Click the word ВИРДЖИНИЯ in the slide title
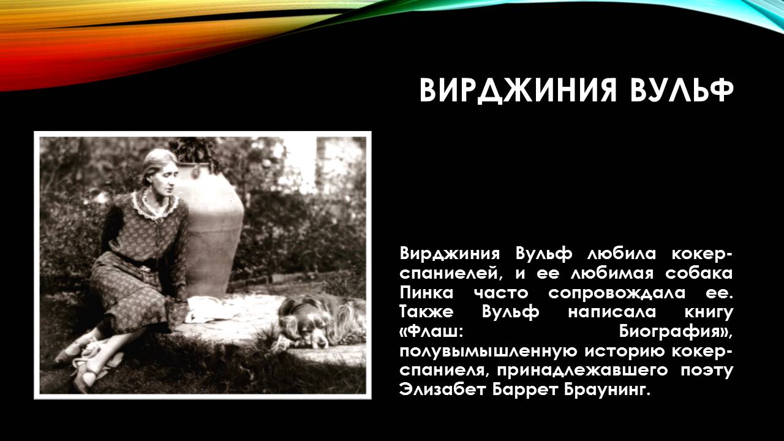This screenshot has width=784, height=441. (513, 91)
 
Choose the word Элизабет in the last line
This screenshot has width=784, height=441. (443, 390)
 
